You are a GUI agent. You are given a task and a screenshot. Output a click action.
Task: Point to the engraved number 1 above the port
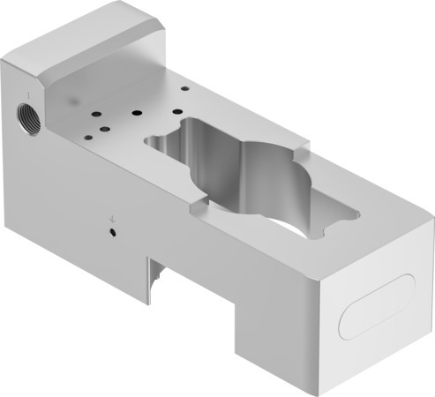click(x=30, y=92)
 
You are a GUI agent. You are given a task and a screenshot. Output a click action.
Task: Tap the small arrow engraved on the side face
click(x=111, y=217)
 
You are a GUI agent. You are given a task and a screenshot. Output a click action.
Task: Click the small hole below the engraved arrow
click(x=114, y=232)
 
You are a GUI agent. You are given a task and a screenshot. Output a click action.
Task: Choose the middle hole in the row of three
click(x=138, y=112)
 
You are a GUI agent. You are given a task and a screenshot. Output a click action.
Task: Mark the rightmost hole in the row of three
click(x=177, y=111)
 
